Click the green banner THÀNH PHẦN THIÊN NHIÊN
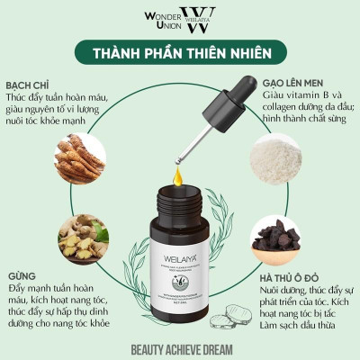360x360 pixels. [x=180, y=53]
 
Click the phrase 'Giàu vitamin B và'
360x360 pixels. [x=303, y=95]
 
